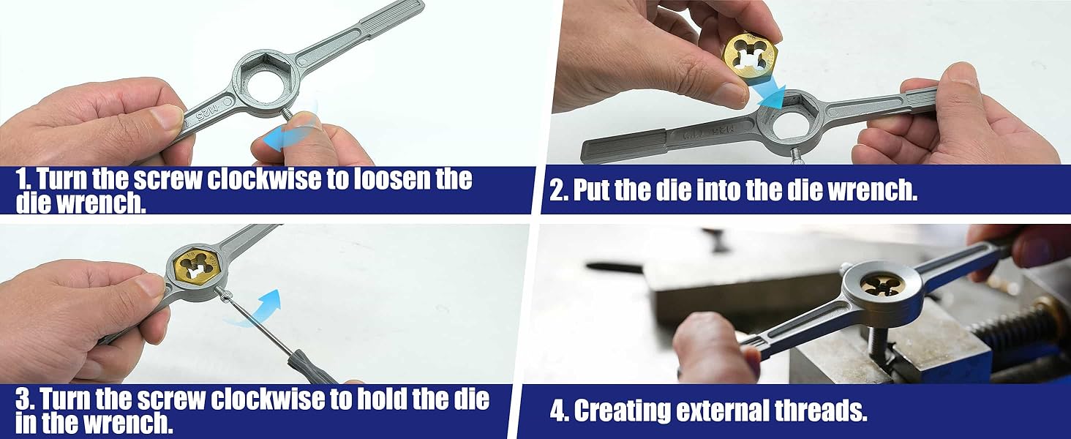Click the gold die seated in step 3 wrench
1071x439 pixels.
tap(196, 266)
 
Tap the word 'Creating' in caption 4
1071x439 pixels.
tap(623, 410)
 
